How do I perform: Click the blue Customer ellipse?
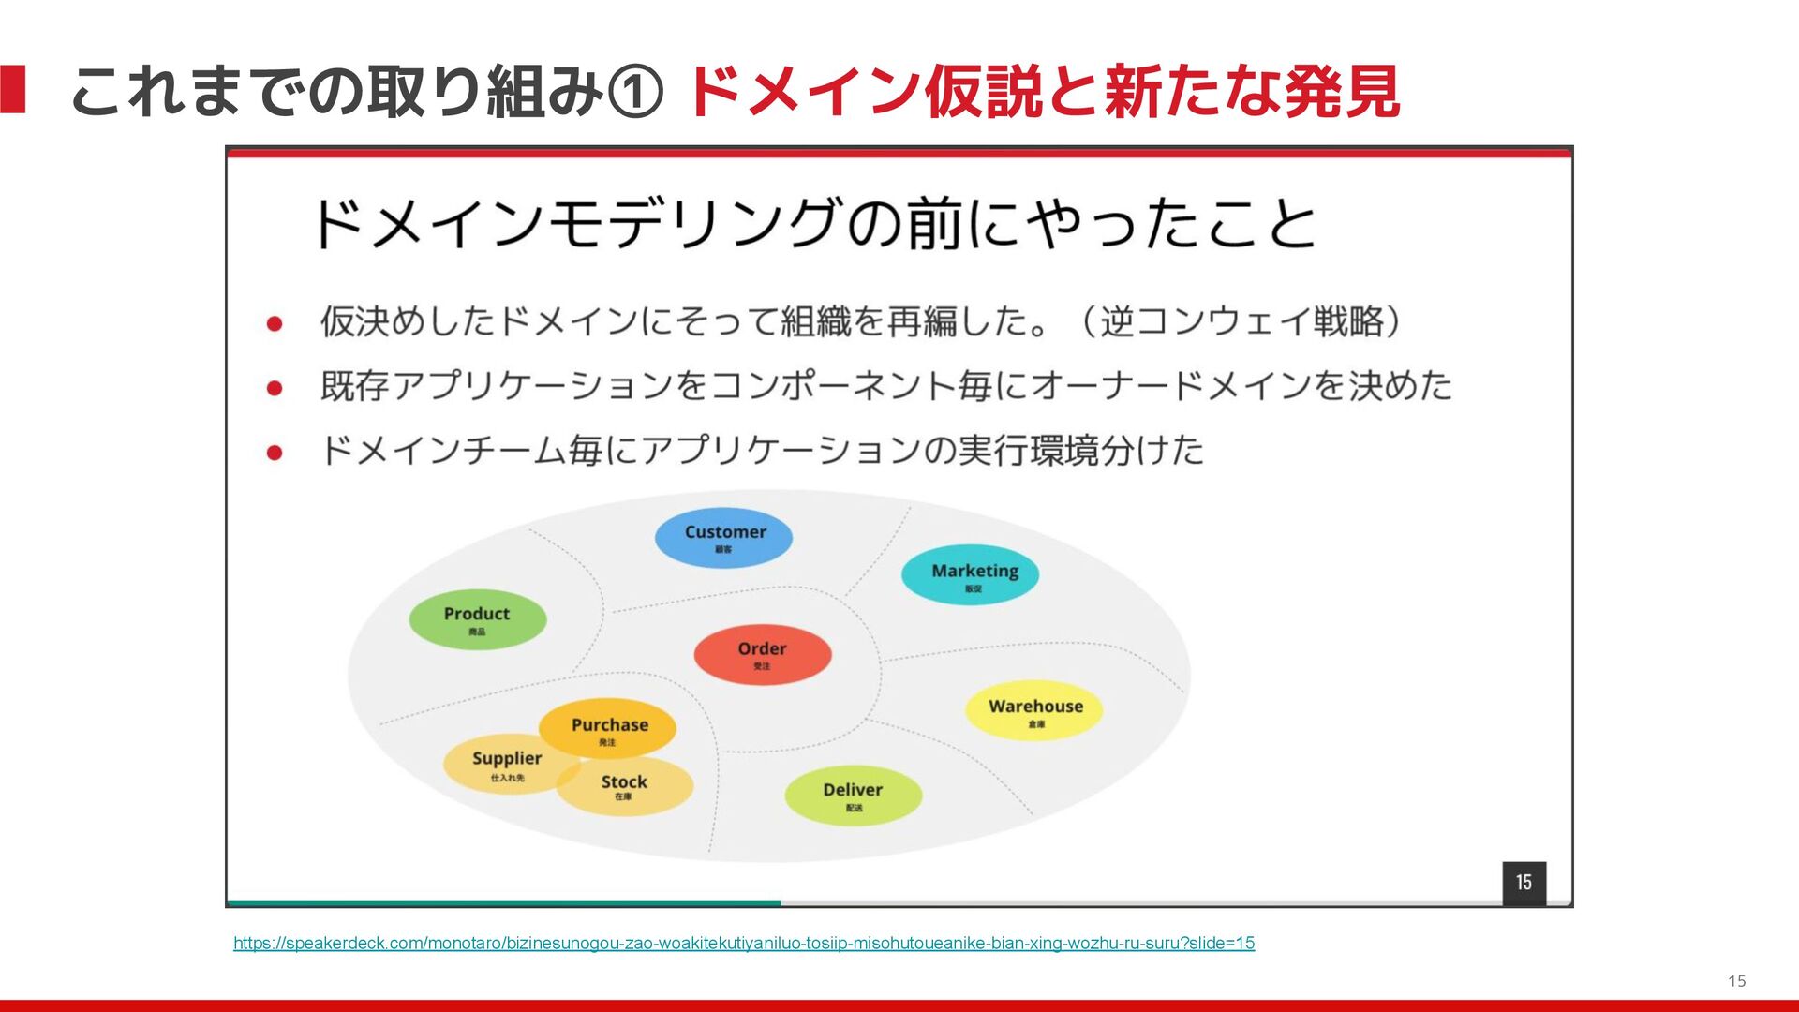[723, 538]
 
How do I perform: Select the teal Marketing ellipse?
[970, 575]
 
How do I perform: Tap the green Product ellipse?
[477, 618]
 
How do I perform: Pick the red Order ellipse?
[762, 654]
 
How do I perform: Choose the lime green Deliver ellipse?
[853, 795]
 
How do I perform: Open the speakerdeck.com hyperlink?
[744, 943]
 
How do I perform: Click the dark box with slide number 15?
[1524, 883]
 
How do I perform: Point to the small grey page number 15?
[1736, 981]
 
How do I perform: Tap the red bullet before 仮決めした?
[275, 323]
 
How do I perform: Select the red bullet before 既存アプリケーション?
[275, 387]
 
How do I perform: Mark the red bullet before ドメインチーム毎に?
[275, 452]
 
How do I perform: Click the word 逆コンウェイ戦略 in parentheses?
[1241, 321]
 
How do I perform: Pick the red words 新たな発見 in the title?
[1251, 92]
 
